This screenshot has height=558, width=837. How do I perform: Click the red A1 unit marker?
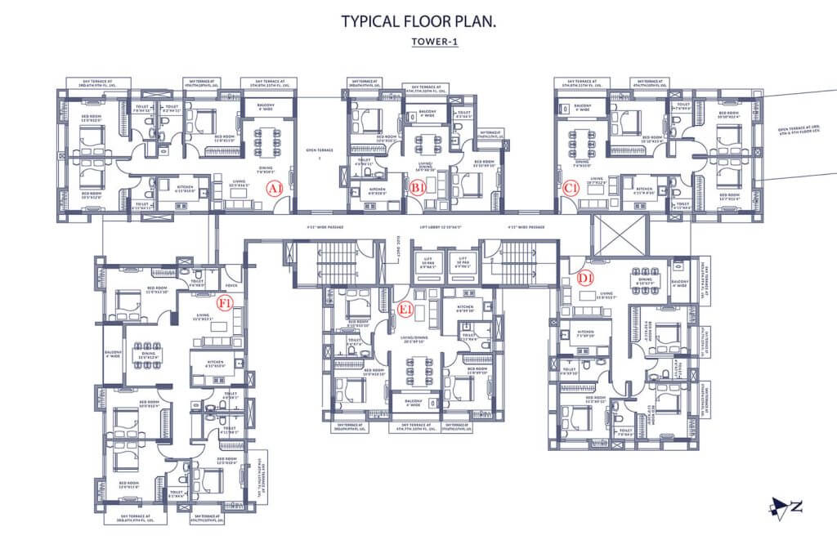(x=275, y=188)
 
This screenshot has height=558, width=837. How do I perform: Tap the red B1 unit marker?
(x=417, y=188)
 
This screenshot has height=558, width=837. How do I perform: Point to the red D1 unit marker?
(x=585, y=278)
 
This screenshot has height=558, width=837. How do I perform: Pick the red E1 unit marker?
(x=405, y=308)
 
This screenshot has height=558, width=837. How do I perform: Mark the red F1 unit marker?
(x=225, y=302)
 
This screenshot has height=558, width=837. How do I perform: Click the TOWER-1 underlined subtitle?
(x=434, y=43)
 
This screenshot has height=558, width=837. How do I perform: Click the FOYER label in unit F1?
(x=231, y=285)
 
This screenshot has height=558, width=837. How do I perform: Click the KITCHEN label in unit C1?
(x=645, y=188)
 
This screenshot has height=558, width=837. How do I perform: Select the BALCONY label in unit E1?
(x=411, y=402)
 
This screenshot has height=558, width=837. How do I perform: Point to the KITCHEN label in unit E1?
(x=464, y=309)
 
